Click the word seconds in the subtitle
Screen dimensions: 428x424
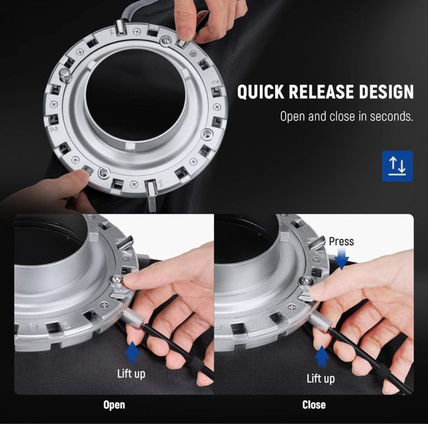[x=392, y=116]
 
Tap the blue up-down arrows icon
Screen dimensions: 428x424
[x=397, y=166]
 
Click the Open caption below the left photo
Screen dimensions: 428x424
[x=114, y=405]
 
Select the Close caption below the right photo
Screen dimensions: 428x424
[x=314, y=405]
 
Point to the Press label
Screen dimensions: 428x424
[x=341, y=241]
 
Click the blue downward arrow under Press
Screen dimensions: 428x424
[x=341, y=258]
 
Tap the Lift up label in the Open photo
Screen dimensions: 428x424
[x=131, y=374]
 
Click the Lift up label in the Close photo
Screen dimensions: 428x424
[x=321, y=379]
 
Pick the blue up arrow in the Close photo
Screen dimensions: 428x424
[x=322, y=357]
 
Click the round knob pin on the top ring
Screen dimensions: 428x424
[x=65, y=75]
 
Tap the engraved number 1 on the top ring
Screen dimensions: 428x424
[x=161, y=183]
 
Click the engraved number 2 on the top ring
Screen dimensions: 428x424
[x=216, y=82]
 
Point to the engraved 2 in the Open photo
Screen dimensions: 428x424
[x=66, y=325]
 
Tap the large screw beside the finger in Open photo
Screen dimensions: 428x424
[x=116, y=280]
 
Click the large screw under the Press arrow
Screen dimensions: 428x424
[x=307, y=280]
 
